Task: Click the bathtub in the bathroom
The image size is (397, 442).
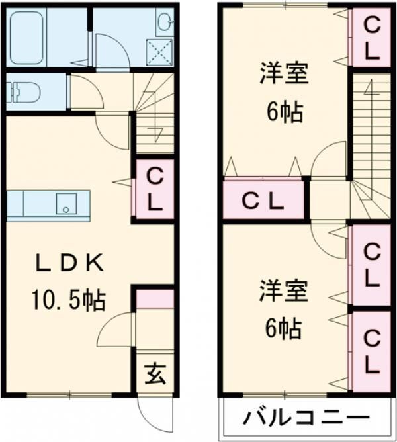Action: pos(26,38)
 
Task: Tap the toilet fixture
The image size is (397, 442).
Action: pos(23,92)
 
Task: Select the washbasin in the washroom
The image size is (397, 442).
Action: pos(165,21)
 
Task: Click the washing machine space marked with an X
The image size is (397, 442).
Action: pos(159,52)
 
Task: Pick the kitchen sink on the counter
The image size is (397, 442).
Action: pos(66,204)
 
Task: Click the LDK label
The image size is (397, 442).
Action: pos(69,263)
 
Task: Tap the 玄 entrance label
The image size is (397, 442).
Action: pos(155,374)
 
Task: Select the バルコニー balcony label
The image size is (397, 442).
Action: pos(306,418)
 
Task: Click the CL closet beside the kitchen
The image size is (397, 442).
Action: pos(155,189)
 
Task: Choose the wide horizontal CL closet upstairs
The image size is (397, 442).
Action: pos(263,200)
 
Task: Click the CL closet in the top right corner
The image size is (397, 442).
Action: pos(372,38)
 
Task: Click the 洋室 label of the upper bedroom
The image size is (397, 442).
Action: pos(285,74)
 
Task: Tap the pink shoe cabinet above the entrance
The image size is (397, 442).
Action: pos(155,299)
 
